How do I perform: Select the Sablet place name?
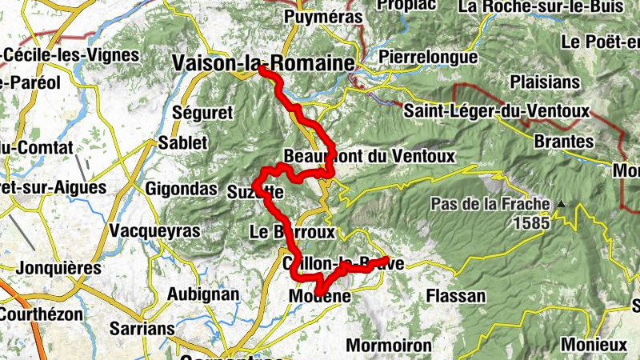(x=182, y=143)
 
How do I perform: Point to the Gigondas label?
(x=182, y=190)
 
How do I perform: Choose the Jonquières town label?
(x=59, y=267)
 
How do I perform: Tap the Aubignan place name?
(x=202, y=294)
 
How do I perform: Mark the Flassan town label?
(x=456, y=296)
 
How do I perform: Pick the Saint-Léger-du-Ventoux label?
(x=496, y=110)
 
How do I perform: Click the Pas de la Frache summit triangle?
(x=562, y=205)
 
